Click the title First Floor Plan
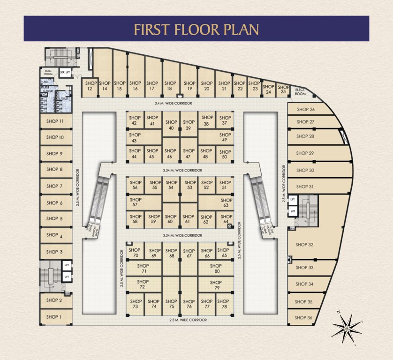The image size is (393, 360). coord(196,29)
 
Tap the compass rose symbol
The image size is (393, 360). coord(348,327)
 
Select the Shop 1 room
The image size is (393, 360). coord(54,317)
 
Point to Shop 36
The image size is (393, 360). coord(303,317)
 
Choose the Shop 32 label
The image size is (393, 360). coord(304,245)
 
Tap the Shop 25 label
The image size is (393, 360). coord(283,89)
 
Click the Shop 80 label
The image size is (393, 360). coord(215,269)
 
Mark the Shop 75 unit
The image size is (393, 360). coord(171,304)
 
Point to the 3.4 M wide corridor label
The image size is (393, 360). coord(173,103)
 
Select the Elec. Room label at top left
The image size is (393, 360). coord(48,73)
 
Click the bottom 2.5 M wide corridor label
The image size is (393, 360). coord(188,320)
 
